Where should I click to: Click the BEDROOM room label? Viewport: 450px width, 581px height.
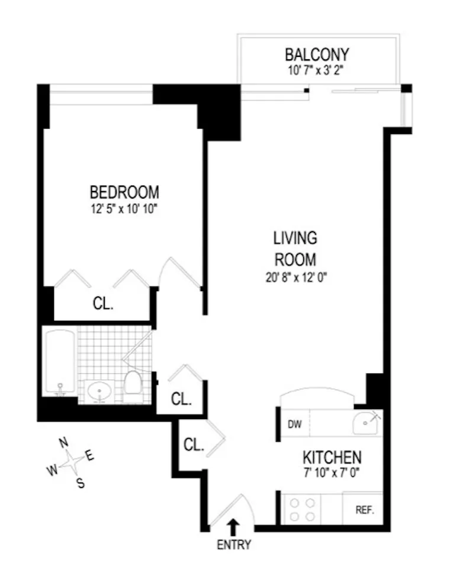tap(124, 193)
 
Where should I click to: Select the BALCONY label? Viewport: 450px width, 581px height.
tap(317, 55)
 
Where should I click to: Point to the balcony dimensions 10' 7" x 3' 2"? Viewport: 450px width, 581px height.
tap(317, 69)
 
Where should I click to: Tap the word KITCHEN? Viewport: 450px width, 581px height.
tap(332, 458)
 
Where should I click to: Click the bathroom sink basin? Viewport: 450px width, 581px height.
tap(99, 391)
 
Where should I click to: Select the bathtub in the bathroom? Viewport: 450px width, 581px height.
tap(59, 362)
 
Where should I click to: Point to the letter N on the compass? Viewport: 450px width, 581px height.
tap(63, 442)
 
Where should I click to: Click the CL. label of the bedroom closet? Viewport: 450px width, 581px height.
tap(102, 304)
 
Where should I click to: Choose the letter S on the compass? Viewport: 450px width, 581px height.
tap(81, 483)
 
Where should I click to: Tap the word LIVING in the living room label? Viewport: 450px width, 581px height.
tap(295, 238)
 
